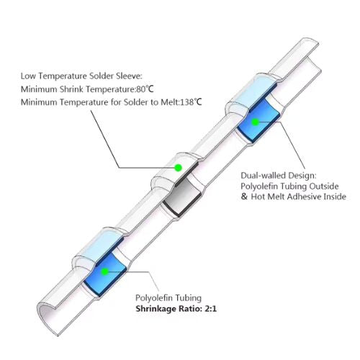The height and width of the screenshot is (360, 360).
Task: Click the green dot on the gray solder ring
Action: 178,168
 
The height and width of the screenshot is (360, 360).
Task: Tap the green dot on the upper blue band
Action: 256,122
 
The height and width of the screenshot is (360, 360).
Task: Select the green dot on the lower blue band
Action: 104,271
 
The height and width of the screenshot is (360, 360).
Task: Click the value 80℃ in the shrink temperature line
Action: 145,89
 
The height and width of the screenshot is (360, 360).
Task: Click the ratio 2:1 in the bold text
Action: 210,308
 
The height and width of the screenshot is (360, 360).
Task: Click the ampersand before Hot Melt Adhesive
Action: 244,197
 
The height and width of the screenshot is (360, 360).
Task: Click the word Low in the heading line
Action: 28,76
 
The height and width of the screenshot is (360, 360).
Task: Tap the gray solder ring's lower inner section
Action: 181,197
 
